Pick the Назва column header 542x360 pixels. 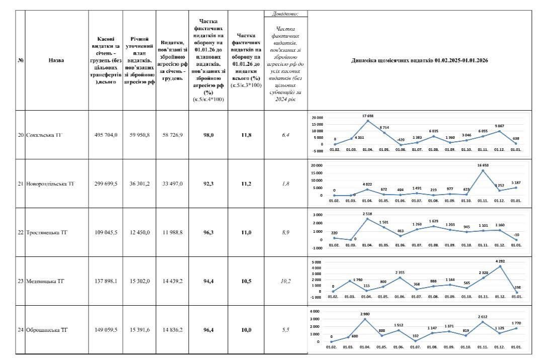coord(56,60)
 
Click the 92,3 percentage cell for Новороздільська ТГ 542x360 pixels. coord(207,184)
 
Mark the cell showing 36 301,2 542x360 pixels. coord(139,184)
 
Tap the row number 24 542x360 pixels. coord(21,330)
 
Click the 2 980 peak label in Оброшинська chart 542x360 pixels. coord(365,314)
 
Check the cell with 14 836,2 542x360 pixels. coord(172,330)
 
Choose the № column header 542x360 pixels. coord(21,60)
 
